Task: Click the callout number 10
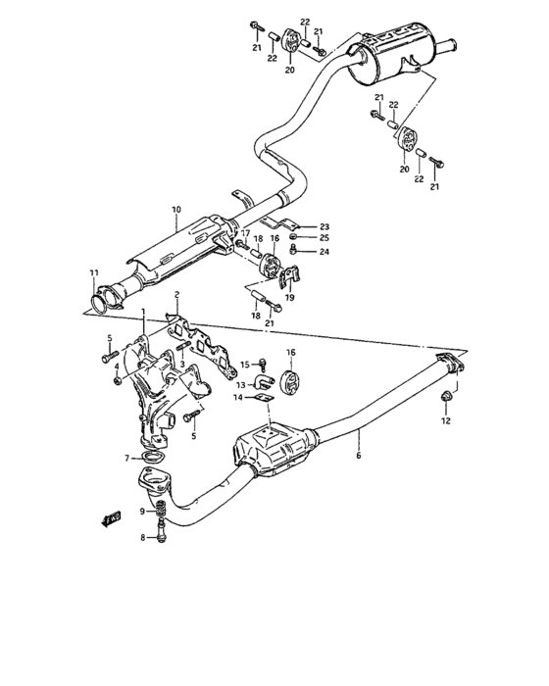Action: click(176, 210)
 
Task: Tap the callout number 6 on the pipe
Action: click(359, 456)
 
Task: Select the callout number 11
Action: click(93, 271)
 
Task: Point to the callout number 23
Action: click(324, 225)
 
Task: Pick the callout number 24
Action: click(324, 252)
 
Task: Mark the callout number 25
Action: click(324, 238)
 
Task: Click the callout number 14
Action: click(236, 398)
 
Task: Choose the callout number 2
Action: click(176, 295)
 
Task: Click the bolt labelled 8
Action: click(162, 536)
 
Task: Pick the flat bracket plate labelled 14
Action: click(261, 397)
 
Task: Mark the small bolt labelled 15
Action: click(262, 365)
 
